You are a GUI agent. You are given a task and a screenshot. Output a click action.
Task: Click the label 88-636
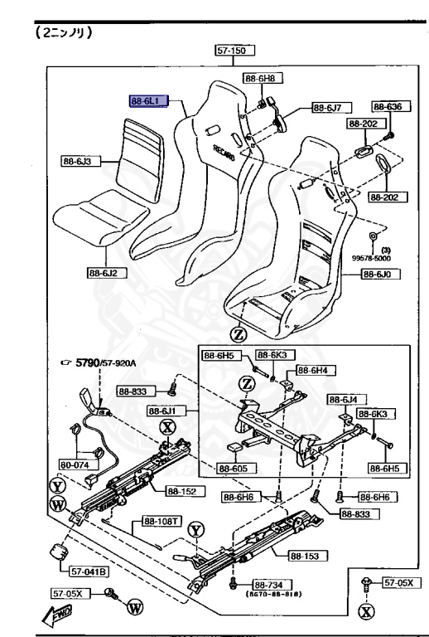(x=386, y=107)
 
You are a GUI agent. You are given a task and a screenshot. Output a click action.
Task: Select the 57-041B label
(x=79, y=571)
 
